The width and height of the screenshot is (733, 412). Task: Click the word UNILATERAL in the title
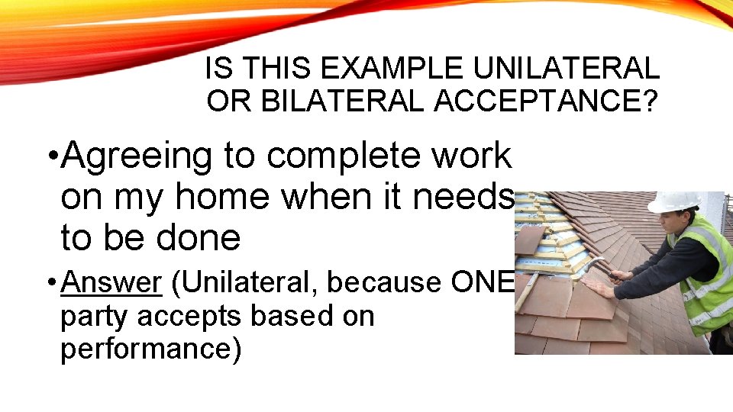[x=566, y=69]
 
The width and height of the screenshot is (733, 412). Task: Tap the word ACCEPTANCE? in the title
[x=544, y=101]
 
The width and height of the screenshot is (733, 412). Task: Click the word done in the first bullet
[x=199, y=238]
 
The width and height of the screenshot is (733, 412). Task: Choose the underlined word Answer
[x=111, y=282]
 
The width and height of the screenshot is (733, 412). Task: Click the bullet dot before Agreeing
[x=50, y=158]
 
